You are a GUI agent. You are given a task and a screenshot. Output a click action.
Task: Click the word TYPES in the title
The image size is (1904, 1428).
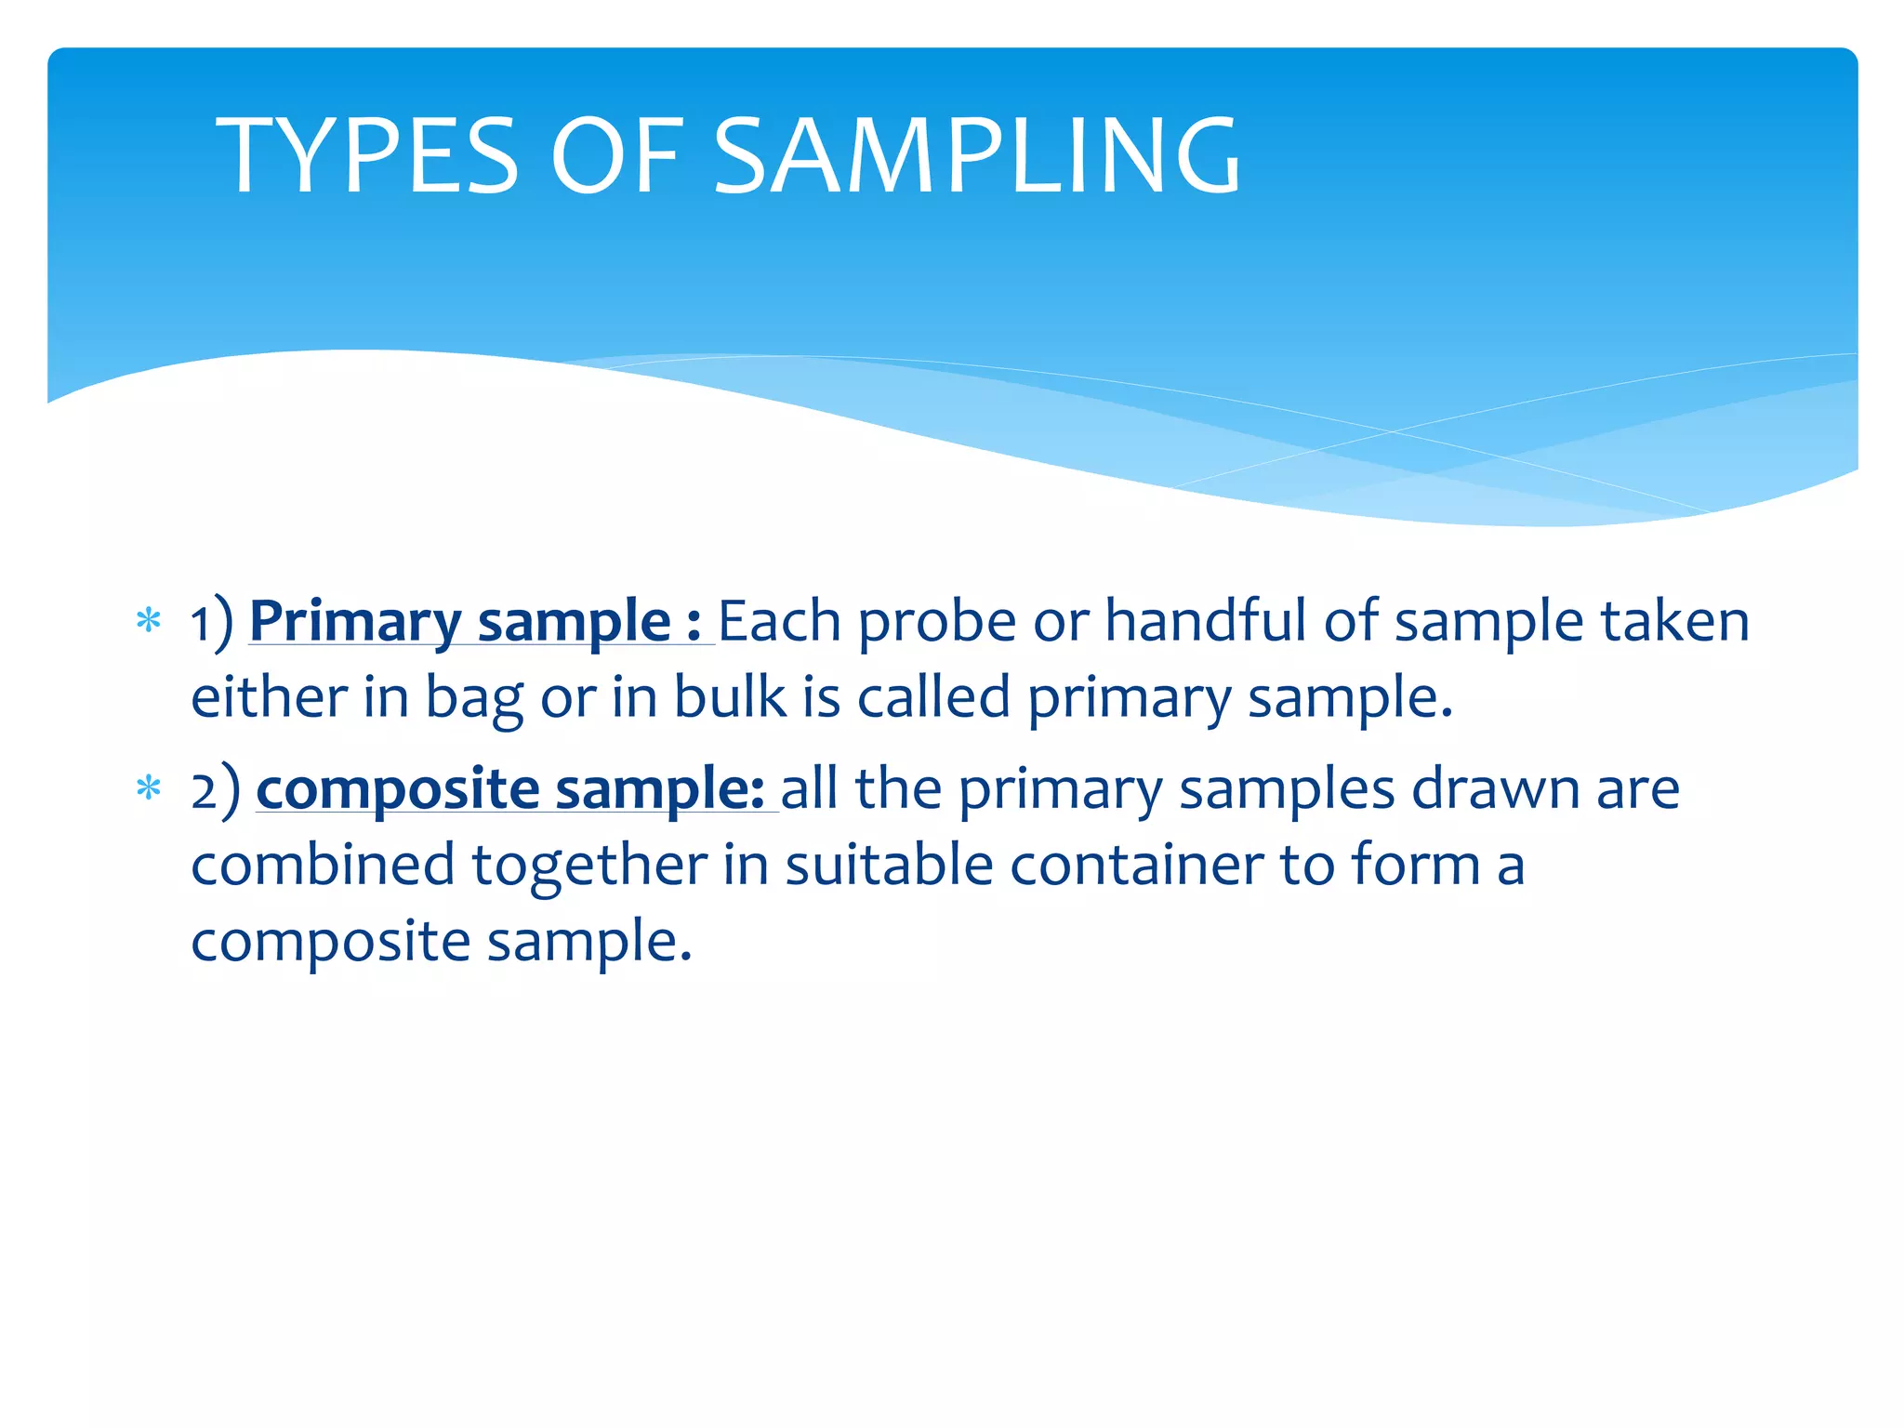click(x=366, y=155)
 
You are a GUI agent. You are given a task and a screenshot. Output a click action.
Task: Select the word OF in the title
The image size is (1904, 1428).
click(x=617, y=155)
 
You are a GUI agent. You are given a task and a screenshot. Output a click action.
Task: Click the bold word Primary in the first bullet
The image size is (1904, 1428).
click(x=355, y=623)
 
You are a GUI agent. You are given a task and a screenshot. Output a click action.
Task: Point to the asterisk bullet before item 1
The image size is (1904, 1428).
click(x=149, y=620)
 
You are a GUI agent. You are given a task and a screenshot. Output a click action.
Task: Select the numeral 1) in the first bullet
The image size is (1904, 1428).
click(x=212, y=623)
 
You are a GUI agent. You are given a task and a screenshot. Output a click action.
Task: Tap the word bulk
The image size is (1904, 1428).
click(x=730, y=697)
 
